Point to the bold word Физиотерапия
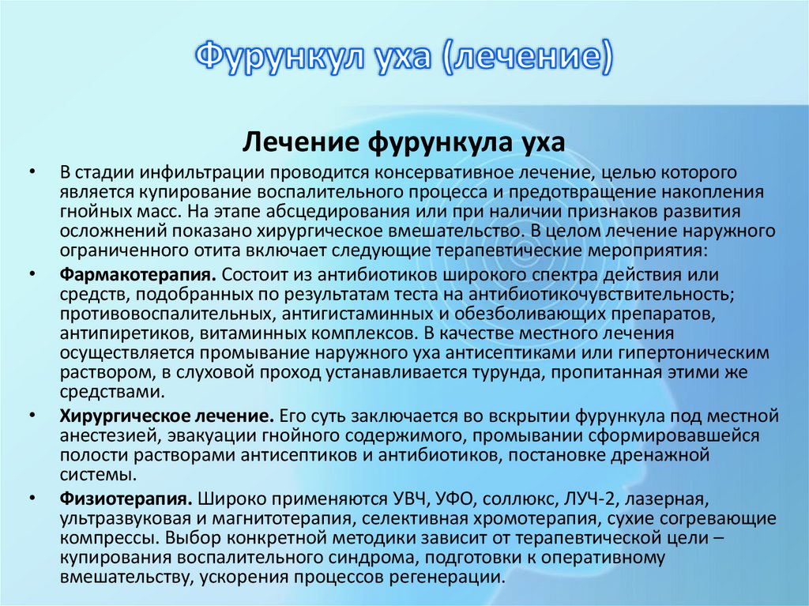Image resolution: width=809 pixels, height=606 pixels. (x=125, y=499)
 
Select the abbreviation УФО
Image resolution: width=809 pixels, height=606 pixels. (x=456, y=499)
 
